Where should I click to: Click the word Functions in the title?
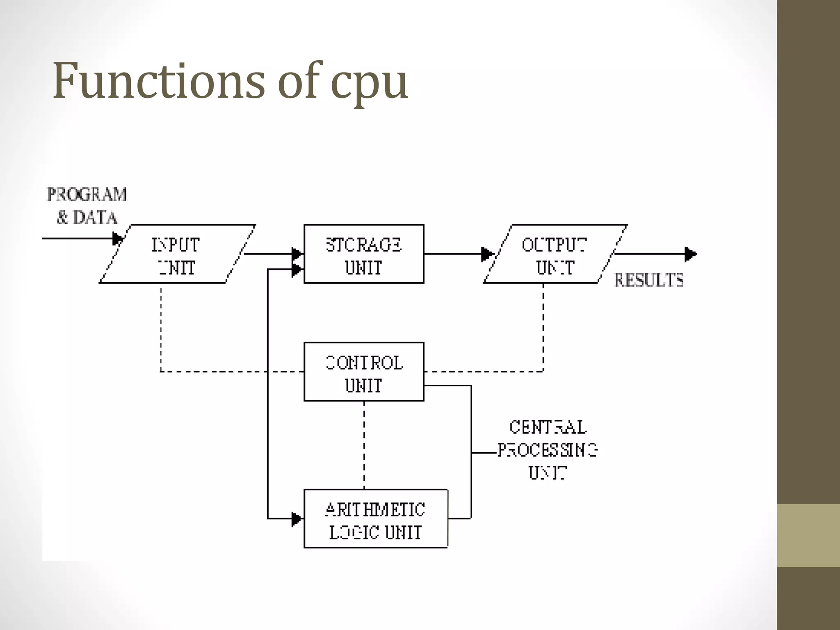click(158, 81)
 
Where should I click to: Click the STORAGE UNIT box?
click(363, 254)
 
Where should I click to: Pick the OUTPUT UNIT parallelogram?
click(555, 254)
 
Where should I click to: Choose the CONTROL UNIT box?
click(363, 372)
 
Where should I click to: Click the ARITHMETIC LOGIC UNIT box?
click(375, 519)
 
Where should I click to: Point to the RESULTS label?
click(649, 281)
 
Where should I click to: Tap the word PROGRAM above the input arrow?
click(87, 194)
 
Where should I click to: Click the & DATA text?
click(87, 217)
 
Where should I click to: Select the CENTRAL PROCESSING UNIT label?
click(547, 450)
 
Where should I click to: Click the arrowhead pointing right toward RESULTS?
click(690, 254)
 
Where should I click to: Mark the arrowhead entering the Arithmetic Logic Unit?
click(296, 519)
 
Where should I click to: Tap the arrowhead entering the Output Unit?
click(486, 254)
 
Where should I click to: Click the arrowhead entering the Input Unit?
click(117, 238)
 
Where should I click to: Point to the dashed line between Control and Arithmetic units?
click(364, 445)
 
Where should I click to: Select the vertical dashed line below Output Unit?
click(543, 328)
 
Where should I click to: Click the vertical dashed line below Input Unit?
click(161, 328)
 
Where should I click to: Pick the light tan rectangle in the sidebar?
click(808, 535)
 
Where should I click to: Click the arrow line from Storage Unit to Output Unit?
click(451, 254)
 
